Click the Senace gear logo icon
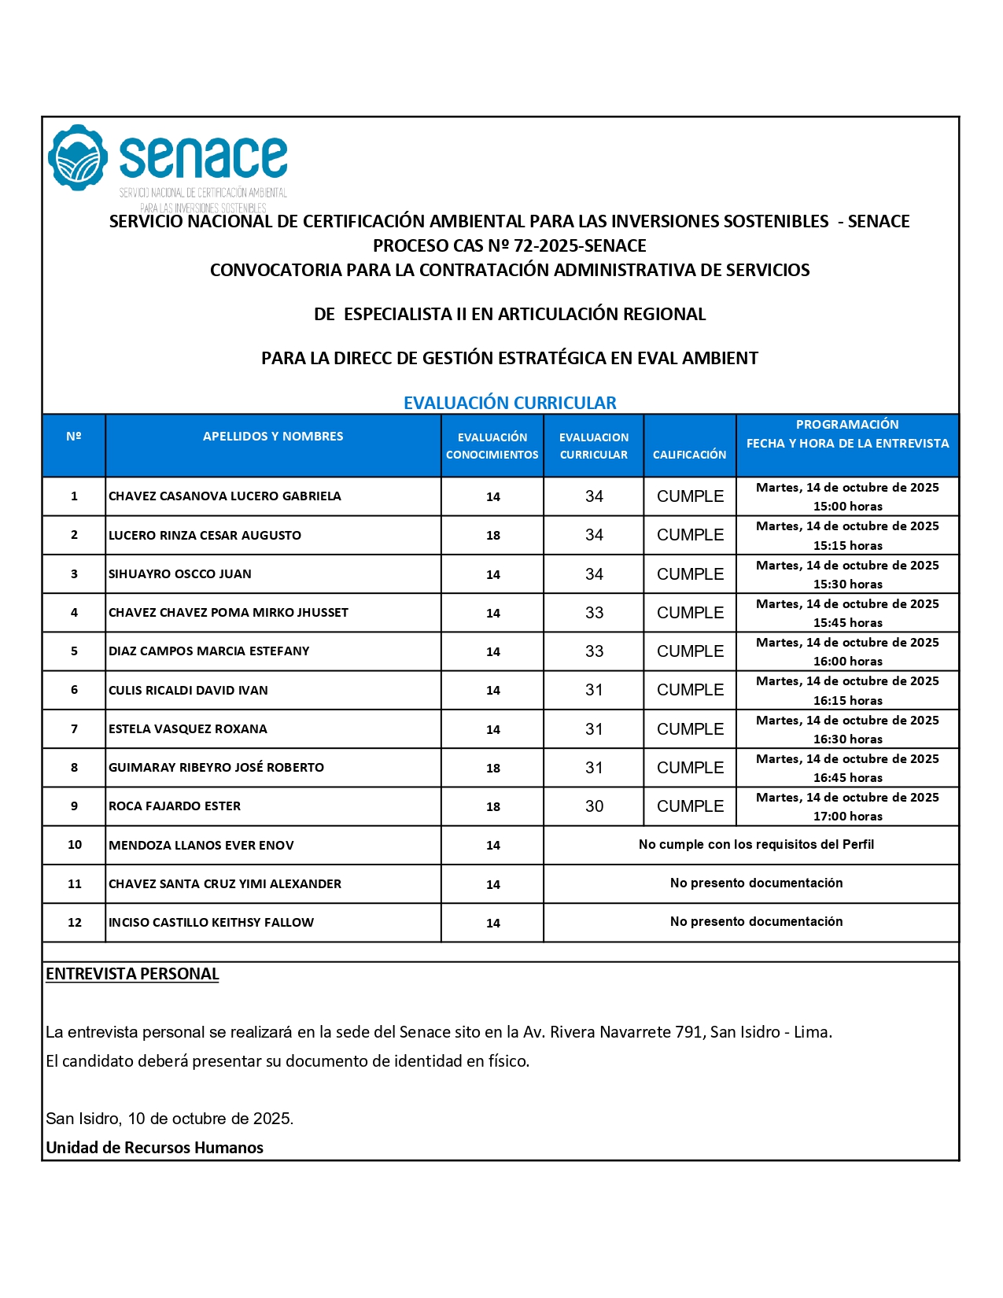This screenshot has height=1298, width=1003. (77, 157)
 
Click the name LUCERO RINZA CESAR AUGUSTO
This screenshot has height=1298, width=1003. (205, 536)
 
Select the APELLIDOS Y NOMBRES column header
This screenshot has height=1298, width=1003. (273, 437)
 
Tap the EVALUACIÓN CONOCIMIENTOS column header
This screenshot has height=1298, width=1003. (492, 446)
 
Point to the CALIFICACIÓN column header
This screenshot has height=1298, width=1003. (689, 455)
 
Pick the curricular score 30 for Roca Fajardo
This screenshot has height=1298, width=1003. (594, 806)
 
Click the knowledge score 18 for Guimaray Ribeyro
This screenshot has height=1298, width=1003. (493, 768)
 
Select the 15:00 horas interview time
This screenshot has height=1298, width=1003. (847, 507)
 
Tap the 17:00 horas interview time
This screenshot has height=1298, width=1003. (847, 817)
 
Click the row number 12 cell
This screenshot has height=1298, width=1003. (75, 923)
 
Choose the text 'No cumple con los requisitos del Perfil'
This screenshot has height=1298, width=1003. (756, 845)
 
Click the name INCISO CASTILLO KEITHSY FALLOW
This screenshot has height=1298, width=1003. (211, 923)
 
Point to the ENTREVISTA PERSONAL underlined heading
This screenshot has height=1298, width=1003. (132, 974)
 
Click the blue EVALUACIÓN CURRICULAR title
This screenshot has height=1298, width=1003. (510, 403)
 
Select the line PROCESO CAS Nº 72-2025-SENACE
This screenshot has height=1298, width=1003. (510, 246)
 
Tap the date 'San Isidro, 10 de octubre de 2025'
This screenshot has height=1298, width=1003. (169, 1119)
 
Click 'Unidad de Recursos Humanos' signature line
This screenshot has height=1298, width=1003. (154, 1148)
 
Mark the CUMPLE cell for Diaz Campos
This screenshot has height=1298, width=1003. (690, 651)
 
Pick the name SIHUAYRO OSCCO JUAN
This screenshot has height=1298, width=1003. (180, 574)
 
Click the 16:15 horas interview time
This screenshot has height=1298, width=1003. (847, 701)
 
